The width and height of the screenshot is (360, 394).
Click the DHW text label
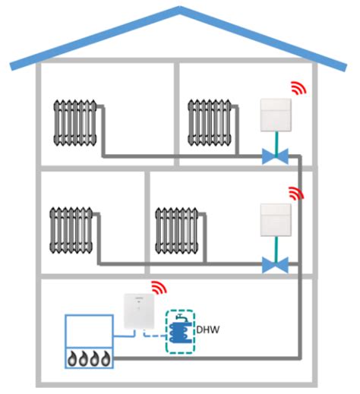coord(207,329)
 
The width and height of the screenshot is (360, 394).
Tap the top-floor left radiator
coord(75,123)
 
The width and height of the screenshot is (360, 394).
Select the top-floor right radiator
coord(210,123)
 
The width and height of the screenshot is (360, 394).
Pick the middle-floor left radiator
coord(71,230)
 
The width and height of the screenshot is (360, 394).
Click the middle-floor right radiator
coord(177,230)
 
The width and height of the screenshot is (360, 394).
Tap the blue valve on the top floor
coord(275,156)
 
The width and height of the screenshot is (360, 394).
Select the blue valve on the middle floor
coord(275,265)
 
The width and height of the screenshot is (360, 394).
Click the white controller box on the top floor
coord(276,115)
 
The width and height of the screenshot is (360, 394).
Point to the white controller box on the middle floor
coord(276,220)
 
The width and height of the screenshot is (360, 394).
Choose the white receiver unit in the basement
coord(139,311)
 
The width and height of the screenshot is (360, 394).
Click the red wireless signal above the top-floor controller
coord(298,88)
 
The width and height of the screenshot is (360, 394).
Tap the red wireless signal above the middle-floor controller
coord(296,194)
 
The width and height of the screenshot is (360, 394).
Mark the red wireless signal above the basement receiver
coord(159,288)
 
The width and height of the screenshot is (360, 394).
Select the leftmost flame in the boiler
coord(72,358)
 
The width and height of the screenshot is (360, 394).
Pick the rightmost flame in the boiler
coord(106,358)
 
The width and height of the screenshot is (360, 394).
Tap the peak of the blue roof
coord(179,8)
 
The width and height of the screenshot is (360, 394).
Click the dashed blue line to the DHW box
coord(153,335)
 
